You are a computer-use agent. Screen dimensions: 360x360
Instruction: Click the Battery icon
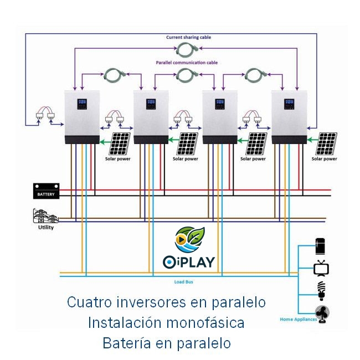46,192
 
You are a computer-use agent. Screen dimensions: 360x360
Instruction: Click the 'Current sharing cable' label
188,37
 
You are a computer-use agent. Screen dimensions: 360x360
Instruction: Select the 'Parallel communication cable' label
187,63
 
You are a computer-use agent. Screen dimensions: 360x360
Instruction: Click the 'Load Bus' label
183,282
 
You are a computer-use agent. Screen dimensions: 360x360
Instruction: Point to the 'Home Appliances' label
298,320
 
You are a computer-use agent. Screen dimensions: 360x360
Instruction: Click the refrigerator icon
321,246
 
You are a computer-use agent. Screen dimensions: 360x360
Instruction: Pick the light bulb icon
321,290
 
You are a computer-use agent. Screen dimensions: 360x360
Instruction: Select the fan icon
322,313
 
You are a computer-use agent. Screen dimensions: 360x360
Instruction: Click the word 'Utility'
46,228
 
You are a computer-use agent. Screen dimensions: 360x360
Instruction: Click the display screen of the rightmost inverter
289,104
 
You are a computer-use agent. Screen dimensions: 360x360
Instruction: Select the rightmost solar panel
325,144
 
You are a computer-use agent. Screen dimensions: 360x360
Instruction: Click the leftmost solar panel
120,144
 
